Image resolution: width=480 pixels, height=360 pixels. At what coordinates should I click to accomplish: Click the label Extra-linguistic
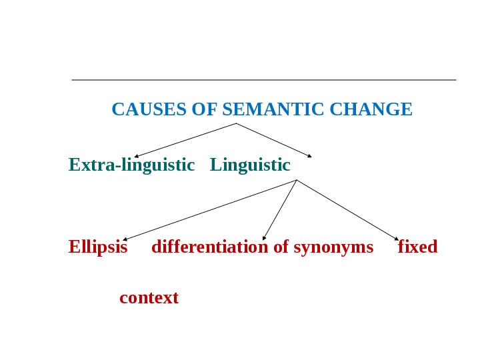pos(131,165)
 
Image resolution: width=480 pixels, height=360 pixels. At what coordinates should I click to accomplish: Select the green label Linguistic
pos(250,165)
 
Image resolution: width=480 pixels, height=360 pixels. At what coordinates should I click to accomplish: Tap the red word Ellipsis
pos(98,247)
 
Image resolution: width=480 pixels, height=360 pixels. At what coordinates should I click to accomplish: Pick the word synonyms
pos(333,247)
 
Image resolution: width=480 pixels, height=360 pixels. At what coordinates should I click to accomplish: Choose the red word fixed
pos(417,247)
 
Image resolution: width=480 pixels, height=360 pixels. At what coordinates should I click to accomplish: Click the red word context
pos(149,297)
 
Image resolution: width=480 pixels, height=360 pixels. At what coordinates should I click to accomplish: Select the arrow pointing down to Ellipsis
pos(210,209)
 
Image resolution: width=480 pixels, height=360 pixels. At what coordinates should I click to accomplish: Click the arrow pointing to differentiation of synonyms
pos(280,209)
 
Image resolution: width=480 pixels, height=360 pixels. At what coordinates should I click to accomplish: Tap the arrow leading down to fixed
pos(347,209)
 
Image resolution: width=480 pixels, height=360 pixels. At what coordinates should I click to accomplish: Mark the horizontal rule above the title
pos(263,80)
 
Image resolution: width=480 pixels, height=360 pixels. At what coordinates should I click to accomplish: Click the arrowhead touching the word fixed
pos(397,238)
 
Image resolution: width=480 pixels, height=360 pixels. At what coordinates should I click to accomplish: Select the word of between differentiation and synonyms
pos(281,247)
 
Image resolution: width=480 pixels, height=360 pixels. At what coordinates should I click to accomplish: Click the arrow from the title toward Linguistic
pos(273,140)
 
